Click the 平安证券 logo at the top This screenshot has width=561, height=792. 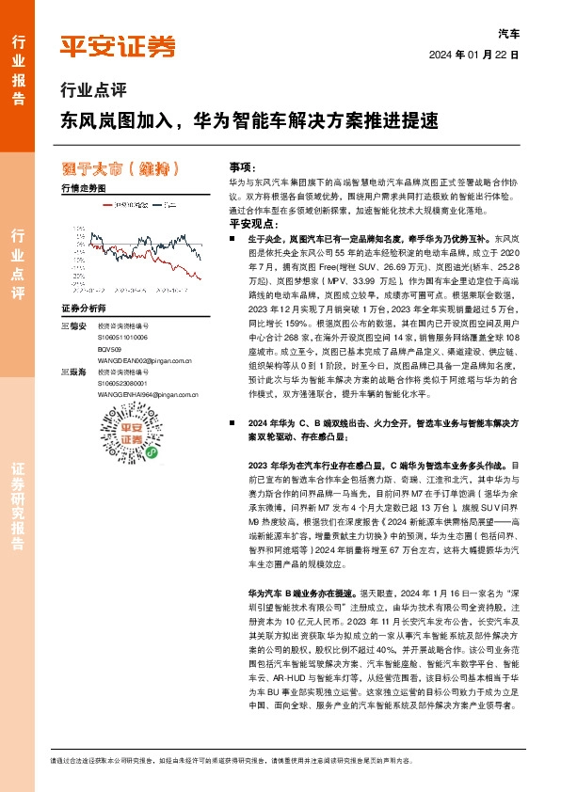(x=118, y=45)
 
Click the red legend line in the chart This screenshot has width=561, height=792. (x=105, y=204)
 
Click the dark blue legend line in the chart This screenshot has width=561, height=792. (x=158, y=204)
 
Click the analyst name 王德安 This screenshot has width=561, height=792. (x=74, y=325)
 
